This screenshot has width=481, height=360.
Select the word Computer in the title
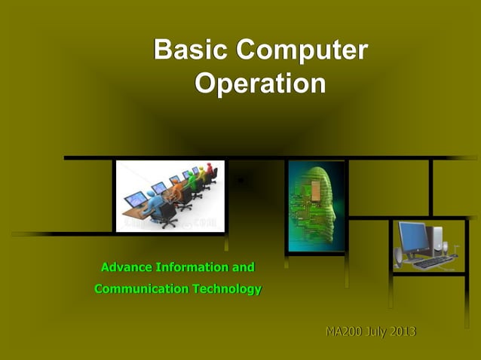(x=301, y=50)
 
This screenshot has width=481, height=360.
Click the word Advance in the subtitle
(x=126, y=267)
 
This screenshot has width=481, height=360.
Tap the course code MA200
(x=344, y=332)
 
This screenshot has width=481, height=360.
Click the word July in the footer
(x=377, y=332)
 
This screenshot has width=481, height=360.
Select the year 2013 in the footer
(x=403, y=332)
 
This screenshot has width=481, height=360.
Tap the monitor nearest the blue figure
(x=136, y=199)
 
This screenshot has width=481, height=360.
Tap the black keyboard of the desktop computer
(x=432, y=262)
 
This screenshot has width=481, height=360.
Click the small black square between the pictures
(x=240, y=180)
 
